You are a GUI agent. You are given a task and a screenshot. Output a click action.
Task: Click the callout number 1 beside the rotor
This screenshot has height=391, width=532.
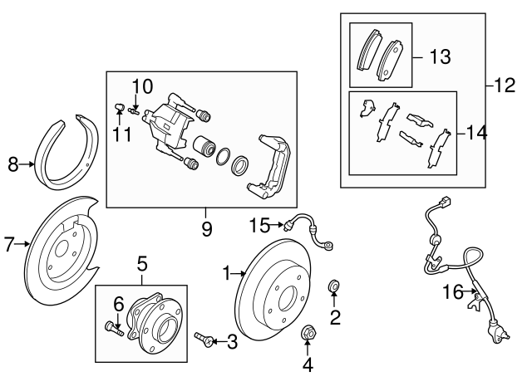[225, 271]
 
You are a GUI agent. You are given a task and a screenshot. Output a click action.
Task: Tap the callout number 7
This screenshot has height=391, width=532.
[9, 244]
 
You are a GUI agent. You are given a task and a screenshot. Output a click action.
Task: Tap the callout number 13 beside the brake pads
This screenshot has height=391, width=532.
[440, 56]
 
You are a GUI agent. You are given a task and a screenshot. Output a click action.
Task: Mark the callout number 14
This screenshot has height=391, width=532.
[476, 132]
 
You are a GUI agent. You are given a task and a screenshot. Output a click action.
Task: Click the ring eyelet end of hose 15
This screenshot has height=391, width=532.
[331, 245]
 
